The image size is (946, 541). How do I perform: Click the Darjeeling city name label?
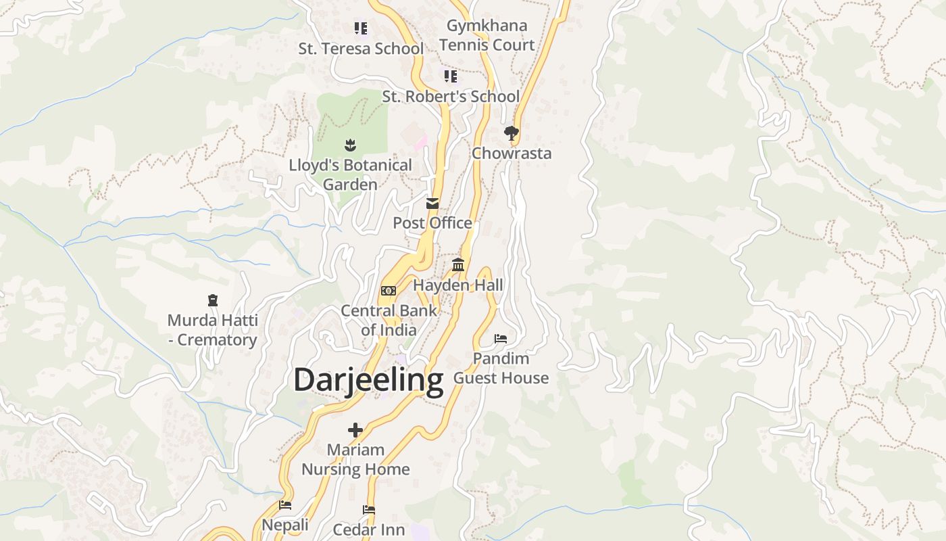(x=368, y=380)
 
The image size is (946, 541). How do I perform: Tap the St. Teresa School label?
(x=361, y=49)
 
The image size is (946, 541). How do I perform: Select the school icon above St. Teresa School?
(x=361, y=28)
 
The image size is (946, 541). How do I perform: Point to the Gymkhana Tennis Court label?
(x=487, y=35)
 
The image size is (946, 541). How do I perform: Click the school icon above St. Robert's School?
(x=451, y=76)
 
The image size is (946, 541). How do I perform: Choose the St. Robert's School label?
(x=451, y=97)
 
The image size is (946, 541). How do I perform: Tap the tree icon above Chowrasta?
(x=512, y=133)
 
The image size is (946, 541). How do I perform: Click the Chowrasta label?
(x=512, y=154)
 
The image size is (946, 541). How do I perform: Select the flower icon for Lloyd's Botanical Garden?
(x=350, y=145)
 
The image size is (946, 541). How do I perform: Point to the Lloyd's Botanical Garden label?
(x=350, y=174)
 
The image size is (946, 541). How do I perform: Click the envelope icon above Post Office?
(x=432, y=203)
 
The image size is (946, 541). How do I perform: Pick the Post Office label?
(x=432, y=223)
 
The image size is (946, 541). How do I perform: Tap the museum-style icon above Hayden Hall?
(x=458, y=265)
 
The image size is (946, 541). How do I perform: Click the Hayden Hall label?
(x=458, y=285)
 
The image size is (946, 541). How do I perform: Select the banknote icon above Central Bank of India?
(x=389, y=291)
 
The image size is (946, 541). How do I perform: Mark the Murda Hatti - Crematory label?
(x=212, y=330)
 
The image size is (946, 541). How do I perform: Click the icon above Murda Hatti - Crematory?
(x=213, y=300)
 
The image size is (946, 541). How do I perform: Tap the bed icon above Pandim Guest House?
(x=501, y=338)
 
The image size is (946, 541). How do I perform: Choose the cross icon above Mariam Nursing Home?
(x=355, y=429)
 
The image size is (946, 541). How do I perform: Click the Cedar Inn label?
(x=369, y=530)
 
